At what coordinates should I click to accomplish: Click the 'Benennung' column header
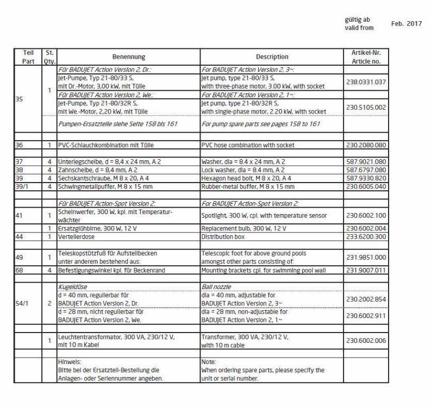[x=129, y=57]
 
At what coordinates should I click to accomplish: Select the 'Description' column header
[x=272, y=57]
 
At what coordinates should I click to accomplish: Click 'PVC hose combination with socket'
[x=247, y=146]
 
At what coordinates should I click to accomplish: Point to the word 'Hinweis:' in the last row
[x=70, y=361]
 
